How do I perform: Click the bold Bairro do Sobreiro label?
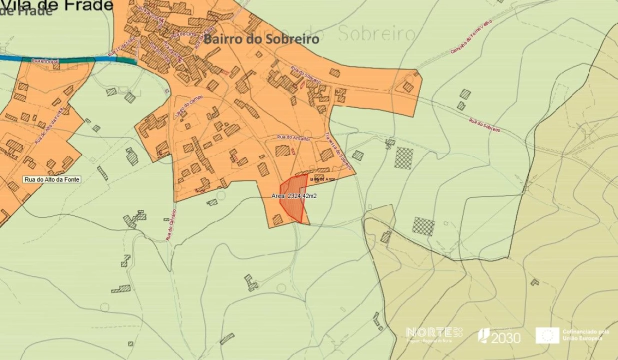click(x=261, y=39)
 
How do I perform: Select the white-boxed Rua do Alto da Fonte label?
click(x=52, y=179)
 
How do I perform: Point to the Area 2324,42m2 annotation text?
click(x=294, y=196)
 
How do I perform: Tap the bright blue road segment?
click(x=25, y=59)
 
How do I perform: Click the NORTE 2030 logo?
click(x=434, y=334)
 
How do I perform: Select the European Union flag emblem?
click(x=547, y=335)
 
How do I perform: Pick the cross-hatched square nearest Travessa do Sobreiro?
click(x=403, y=158)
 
